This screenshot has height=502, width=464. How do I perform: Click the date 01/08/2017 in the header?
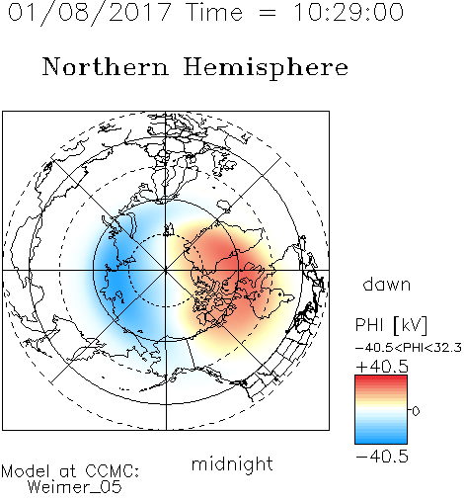point(90,13)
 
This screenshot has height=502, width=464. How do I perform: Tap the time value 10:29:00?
point(348,13)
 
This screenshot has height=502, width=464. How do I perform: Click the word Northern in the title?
point(106,66)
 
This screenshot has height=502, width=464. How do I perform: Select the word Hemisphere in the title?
point(266,68)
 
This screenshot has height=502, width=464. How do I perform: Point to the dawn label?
point(387,285)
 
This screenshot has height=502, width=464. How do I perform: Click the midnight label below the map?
point(232,465)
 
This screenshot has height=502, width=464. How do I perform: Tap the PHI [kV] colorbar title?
point(392,325)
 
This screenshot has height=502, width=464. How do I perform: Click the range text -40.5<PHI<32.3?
point(409,348)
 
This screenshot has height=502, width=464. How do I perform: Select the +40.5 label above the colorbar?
point(382,367)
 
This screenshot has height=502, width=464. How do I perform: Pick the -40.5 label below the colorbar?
point(382,457)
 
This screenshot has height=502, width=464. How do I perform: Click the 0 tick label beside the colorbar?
point(416,411)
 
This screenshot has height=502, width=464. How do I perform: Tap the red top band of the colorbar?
point(381,379)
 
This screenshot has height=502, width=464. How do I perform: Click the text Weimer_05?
point(75,487)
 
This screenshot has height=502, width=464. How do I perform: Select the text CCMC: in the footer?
point(113,471)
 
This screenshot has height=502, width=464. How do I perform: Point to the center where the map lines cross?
point(166,270)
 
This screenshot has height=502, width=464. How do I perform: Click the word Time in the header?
point(214,13)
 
